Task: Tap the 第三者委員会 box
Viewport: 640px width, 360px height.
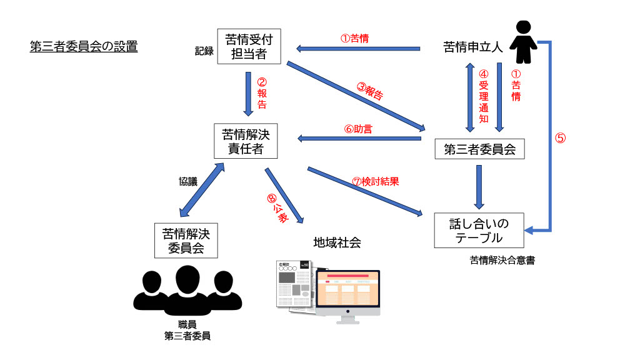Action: pyautogui.click(x=479, y=149)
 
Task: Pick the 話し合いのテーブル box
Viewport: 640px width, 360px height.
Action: pyautogui.click(x=479, y=230)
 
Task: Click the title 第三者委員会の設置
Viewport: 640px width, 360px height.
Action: pyautogui.click(x=84, y=47)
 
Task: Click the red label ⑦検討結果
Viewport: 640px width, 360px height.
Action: pyautogui.click(x=375, y=182)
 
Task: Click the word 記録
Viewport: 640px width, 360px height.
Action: pyautogui.click(x=204, y=52)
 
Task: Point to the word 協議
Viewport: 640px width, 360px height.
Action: pyautogui.click(x=188, y=182)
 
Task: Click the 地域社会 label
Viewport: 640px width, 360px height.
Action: pyautogui.click(x=337, y=242)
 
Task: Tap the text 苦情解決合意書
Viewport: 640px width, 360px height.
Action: pyautogui.click(x=502, y=261)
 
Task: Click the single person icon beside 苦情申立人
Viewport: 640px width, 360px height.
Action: pyautogui.click(x=524, y=42)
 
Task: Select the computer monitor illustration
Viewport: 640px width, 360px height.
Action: pyautogui.click(x=348, y=294)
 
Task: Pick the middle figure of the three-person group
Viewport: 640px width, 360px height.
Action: pyautogui.click(x=187, y=289)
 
